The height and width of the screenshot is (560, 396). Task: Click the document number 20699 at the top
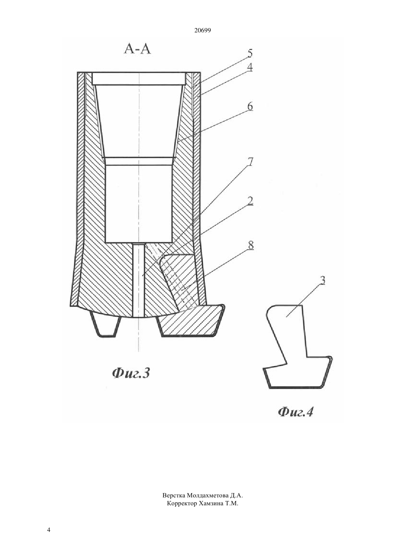[202, 31]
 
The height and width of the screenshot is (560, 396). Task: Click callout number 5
[250, 53]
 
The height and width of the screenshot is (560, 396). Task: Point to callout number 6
[250, 106]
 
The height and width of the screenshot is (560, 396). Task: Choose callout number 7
[250, 162]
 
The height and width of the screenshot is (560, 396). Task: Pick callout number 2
[250, 201]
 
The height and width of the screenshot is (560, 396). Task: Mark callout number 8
[251, 245]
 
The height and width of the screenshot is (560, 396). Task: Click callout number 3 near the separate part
[323, 280]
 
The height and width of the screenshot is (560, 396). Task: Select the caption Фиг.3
[131, 373]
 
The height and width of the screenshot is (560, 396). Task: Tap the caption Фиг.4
[296, 412]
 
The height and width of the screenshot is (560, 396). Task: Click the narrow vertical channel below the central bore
[138, 280]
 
